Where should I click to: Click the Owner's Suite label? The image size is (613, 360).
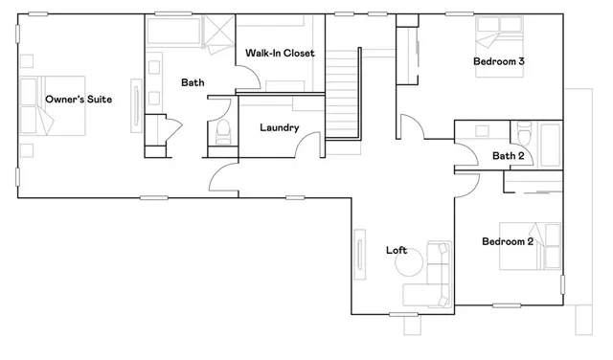click(74, 99)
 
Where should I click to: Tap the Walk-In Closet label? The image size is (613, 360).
click(280, 53)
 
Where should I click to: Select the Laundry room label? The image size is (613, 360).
click(280, 127)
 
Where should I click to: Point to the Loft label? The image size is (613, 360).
click(397, 251)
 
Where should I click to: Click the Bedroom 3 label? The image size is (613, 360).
click(499, 62)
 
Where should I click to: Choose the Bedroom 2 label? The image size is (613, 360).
click(508, 242)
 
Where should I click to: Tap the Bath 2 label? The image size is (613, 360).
click(509, 156)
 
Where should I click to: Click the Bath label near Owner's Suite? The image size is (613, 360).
click(193, 83)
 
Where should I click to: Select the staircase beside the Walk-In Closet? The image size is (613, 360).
click(341, 96)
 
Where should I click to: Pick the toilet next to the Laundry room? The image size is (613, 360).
click(223, 132)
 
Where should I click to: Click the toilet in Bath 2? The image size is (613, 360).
click(522, 134)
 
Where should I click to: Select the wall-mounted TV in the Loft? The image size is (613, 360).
click(360, 256)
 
